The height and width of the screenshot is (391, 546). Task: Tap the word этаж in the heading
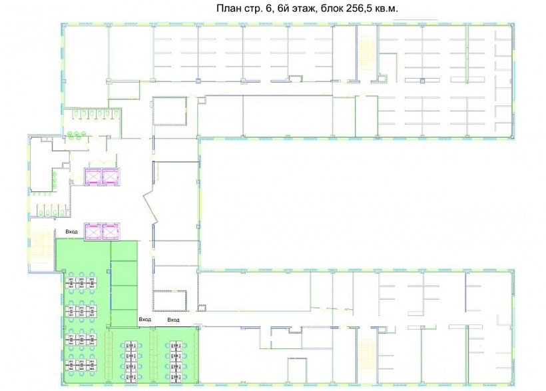(302, 9)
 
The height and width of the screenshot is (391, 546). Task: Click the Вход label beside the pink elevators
(71, 232)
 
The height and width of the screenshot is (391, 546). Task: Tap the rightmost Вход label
(173, 320)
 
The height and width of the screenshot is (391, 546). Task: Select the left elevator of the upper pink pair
(93, 177)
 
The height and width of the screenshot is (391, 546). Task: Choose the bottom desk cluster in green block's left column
(81, 365)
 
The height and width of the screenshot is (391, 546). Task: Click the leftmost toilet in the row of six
(75, 113)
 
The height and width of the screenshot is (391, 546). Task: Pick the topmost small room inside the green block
(124, 250)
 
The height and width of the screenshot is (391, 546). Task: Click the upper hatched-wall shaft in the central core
(170, 111)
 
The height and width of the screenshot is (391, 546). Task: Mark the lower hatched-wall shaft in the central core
(170, 300)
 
